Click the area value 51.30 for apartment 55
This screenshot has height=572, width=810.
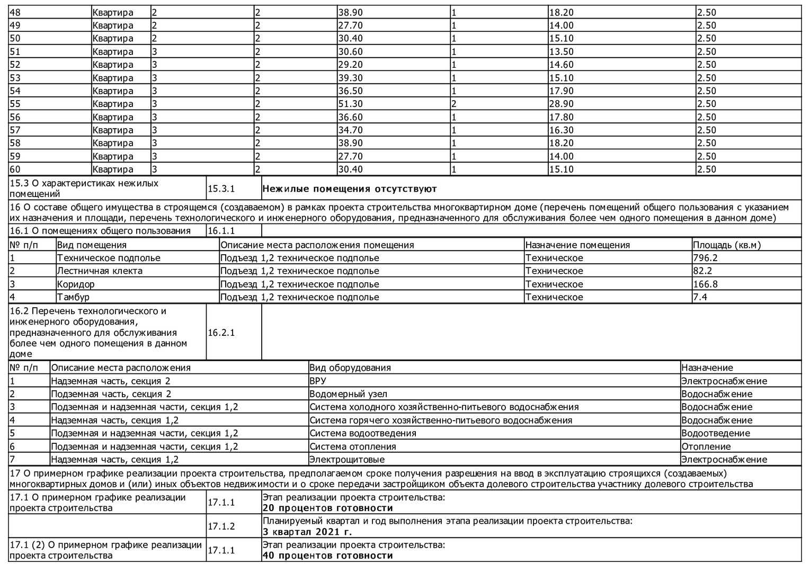[x=351, y=104]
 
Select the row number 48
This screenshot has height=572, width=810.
[x=16, y=12]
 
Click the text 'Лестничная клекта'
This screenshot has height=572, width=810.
[x=100, y=271]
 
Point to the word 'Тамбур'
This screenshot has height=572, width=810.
[x=73, y=297]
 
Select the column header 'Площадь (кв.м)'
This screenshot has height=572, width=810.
[x=726, y=245]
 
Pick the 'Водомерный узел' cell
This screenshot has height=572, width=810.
[x=348, y=394]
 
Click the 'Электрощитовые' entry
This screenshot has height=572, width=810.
[x=347, y=460]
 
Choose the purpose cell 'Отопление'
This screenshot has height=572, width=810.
[x=706, y=446]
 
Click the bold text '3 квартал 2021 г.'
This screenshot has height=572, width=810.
[x=307, y=532]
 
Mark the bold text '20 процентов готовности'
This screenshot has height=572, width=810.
[x=327, y=508]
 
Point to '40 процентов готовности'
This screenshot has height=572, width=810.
[x=327, y=556]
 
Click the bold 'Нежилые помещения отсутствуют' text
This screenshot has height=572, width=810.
[x=350, y=189]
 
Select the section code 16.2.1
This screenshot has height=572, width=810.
[x=221, y=333]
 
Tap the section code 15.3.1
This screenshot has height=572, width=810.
[x=221, y=189]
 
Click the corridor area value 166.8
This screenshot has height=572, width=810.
[x=706, y=284]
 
